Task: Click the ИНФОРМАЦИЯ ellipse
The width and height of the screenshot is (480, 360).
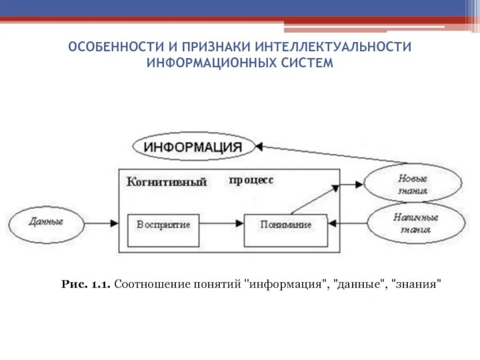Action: pyautogui.click(x=193, y=147)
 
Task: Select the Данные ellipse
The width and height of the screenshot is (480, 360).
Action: pyautogui.click(x=46, y=221)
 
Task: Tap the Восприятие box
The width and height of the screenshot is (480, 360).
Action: pyautogui.click(x=163, y=225)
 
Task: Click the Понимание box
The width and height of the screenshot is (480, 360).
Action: pyautogui.click(x=286, y=225)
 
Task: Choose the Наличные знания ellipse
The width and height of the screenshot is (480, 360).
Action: pyautogui.click(x=416, y=223)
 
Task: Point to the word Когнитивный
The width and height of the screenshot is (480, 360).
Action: pyautogui.click(x=167, y=181)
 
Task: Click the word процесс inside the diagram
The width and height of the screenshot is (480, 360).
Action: pyautogui.click(x=251, y=179)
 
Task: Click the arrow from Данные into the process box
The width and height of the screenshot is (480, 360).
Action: pyautogui.click(x=101, y=223)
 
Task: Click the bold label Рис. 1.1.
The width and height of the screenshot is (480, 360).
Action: pyautogui.click(x=86, y=284)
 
